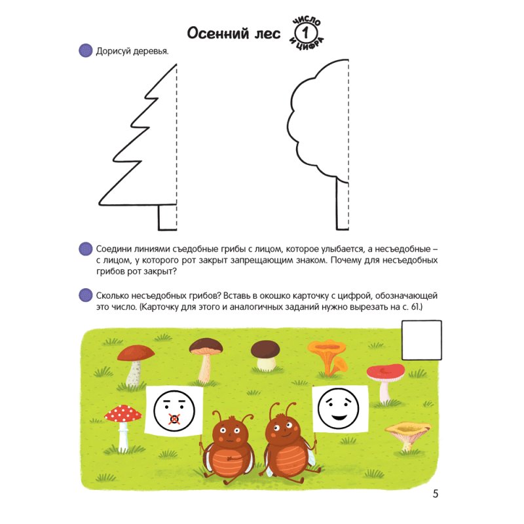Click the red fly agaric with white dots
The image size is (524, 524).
[122, 424]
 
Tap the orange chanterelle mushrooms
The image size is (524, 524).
[327, 358]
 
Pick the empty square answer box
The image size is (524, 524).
[421, 340]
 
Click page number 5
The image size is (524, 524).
[435, 494]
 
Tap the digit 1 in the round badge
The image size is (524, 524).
[305, 33]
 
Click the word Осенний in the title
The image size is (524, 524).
[218, 33]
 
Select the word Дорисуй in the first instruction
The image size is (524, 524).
[113, 52]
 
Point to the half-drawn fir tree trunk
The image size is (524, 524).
[167, 217]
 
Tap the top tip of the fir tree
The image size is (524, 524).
[176, 64]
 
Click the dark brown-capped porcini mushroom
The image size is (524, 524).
[265, 356]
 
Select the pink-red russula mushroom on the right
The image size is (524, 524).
[386, 382]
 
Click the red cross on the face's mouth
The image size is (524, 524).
[174, 419]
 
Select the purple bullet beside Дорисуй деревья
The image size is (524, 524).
[86, 50]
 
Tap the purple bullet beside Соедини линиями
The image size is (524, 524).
[86, 249]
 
